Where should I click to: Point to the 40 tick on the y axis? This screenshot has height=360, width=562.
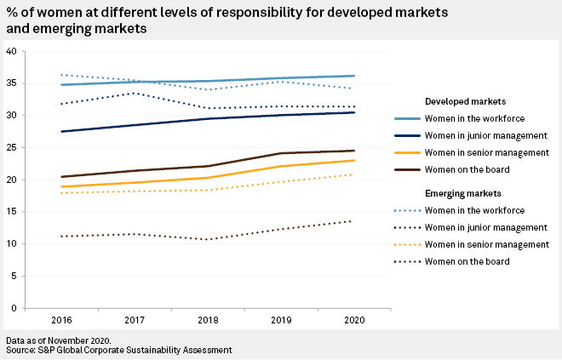pyautogui.click(x=12, y=51)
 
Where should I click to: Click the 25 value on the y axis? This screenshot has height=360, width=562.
pyautogui.click(x=12, y=147)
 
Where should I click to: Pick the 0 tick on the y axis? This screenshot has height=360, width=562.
pyautogui.click(x=14, y=307)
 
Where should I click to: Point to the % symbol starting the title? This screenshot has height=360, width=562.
pyautogui.click(x=10, y=13)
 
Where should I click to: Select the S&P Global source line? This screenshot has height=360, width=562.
pyautogui.click(x=118, y=350)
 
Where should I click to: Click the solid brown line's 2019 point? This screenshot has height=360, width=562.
pyautogui.click(x=281, y=153)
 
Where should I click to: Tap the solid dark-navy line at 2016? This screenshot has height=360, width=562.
pyautogui.click(x=62, y=131)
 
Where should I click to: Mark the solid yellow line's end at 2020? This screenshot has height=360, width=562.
pyautogui.click(x=353, y=160)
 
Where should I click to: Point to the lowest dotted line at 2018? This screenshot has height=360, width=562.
pyautogui.click(x=208, y=239)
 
